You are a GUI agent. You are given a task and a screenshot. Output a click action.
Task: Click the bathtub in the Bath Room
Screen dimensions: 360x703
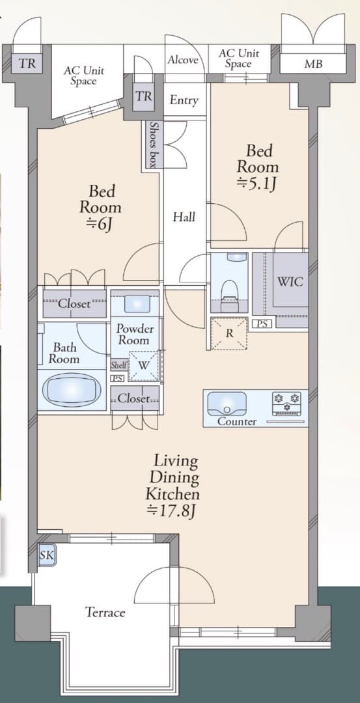[x=71, y=390]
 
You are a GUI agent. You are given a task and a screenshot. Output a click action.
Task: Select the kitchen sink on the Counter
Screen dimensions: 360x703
[x=227, y=404]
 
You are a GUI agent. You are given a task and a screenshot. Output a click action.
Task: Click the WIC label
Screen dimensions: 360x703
[x=290, y=282]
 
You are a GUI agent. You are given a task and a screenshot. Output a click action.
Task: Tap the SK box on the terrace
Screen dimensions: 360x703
[x=47, y=555]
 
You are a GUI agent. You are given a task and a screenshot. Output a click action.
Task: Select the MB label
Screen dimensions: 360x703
[x=313, y=64]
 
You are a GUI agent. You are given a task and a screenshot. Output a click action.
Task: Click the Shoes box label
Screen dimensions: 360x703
[x=154, y=145]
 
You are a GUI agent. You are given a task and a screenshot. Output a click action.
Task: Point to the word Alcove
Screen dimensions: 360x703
[x=183, y=60]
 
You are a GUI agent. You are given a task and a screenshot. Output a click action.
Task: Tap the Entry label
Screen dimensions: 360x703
[x=184, y=100]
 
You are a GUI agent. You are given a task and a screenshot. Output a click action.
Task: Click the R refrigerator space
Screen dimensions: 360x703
[x=229, y=333]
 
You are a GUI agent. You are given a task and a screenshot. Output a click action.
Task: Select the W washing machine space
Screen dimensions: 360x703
[x=143, y=365]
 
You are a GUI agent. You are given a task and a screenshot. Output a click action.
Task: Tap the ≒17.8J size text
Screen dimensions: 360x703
[x=173, y=512]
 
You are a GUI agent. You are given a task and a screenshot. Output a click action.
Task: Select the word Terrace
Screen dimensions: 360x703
[x=105, y=612]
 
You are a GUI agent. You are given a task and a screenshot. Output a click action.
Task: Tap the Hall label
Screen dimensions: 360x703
[x=184, y=217]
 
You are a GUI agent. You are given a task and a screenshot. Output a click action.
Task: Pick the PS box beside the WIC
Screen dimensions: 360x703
[x=262, y=324]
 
